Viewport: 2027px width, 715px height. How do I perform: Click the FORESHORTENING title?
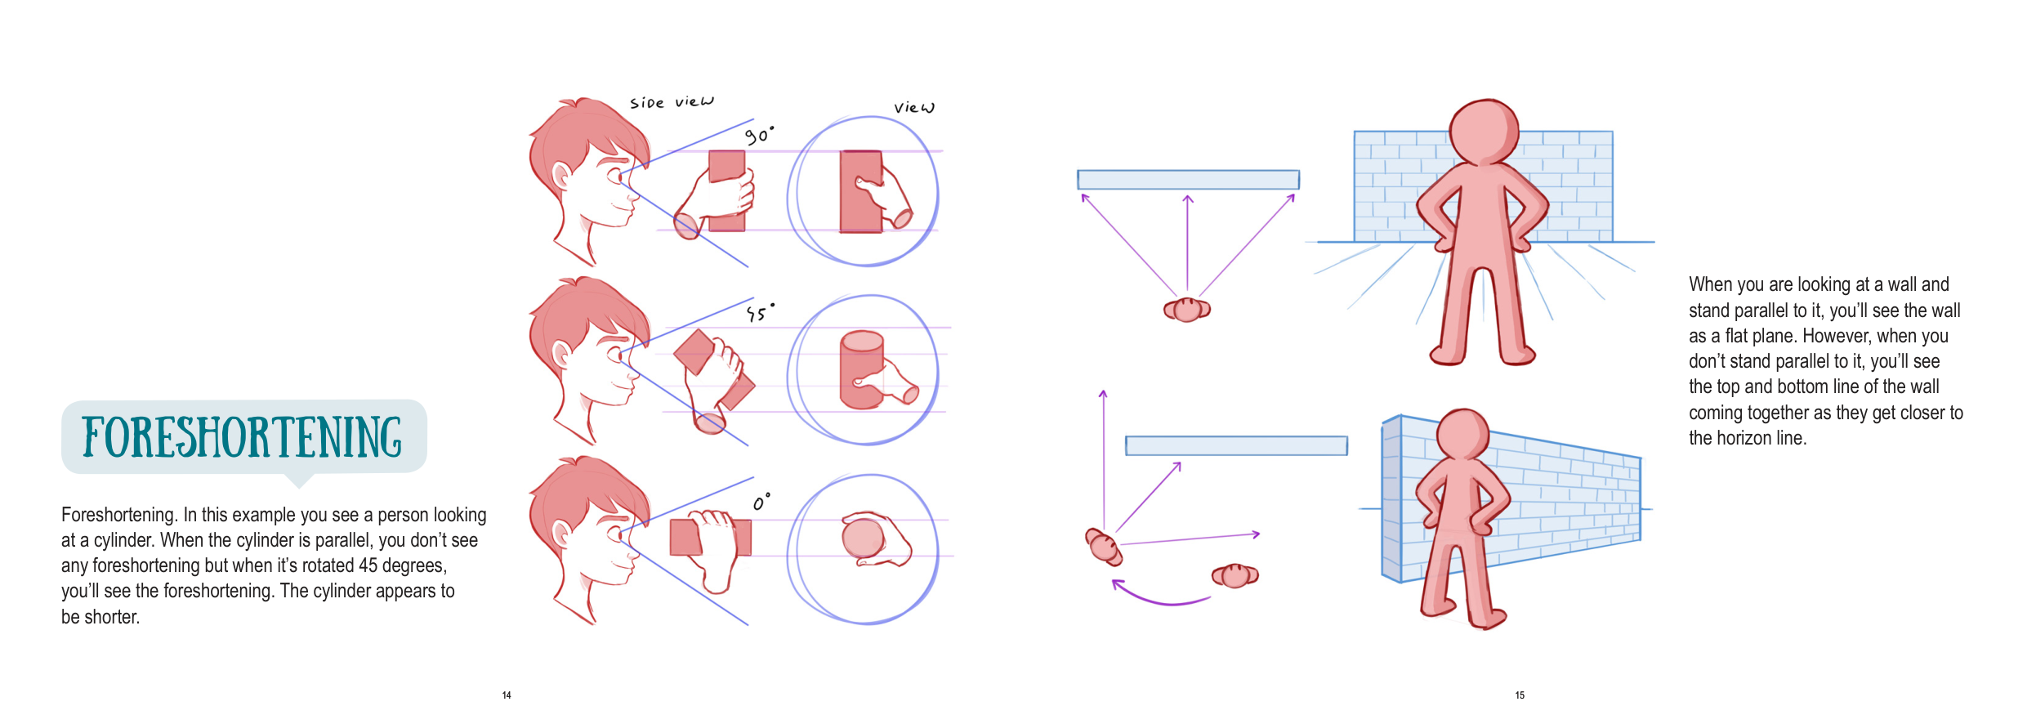click(243, 436)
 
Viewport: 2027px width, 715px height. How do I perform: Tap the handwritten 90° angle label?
click(759, 136)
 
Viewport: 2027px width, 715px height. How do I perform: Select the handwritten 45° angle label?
click(760, 312)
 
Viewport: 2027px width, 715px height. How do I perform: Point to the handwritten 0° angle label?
click(761, 502)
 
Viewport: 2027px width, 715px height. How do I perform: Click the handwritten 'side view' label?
click(672, 102)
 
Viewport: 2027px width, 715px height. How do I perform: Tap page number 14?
click(507, 695)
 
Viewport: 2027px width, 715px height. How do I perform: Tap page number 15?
click(1520, 695)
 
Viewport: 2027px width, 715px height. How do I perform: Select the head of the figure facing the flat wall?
click(1484, 132)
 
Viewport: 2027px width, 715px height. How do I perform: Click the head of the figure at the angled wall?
click(1462, 434)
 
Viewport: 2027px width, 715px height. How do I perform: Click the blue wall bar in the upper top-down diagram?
click(1188, 180)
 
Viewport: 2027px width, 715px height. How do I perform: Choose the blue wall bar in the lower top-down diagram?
click(1236, 445)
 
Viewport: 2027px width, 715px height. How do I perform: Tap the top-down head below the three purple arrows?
click(1187, 310)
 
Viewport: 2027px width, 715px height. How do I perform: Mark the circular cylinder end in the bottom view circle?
click(864, 538)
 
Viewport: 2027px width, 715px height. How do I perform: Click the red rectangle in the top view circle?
click(861, 192)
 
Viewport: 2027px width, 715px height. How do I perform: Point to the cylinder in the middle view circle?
click(862, 369)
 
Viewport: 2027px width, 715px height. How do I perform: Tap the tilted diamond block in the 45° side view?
click(695, 352)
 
